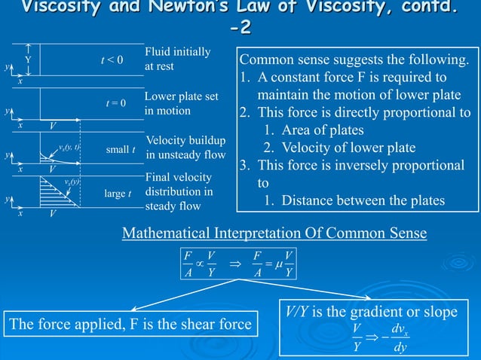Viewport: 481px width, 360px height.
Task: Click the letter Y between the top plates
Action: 28,59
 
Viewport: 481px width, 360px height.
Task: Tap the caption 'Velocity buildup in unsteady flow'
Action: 185,148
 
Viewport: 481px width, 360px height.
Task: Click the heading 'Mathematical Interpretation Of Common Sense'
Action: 274,235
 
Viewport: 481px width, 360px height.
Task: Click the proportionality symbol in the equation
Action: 201,266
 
